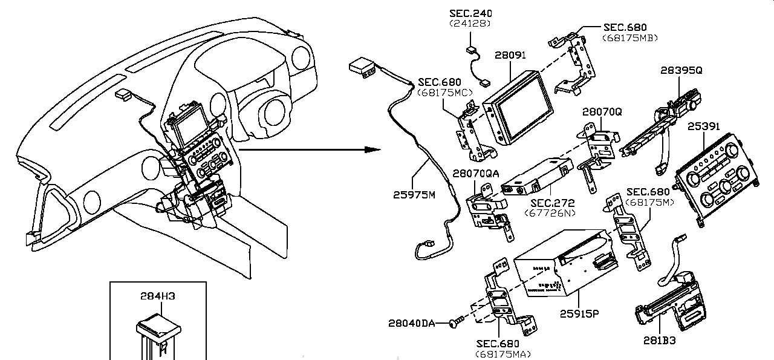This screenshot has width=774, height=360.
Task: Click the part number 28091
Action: coord(510,55)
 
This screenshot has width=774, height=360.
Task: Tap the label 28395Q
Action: coord(681,71)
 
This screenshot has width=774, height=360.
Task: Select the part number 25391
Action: coord(704,126)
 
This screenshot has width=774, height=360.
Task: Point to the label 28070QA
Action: coord(476,174)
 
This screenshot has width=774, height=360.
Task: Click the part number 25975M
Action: coord(414,195)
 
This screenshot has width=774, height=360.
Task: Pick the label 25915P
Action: coord(579,313)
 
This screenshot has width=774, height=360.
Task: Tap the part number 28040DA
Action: coord(412,323)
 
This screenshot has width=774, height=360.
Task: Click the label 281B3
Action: coord(659,341)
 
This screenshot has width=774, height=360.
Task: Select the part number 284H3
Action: coord(158,296)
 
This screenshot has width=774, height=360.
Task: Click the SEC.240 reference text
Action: coord(470,13)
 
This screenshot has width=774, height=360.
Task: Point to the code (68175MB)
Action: coord(630,38)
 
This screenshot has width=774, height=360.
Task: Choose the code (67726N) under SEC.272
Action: coord(550,213)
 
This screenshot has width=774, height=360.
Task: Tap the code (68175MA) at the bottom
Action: coord(502,355)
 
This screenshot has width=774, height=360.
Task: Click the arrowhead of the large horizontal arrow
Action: coord(372,149)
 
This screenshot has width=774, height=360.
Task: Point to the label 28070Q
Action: coord(602,112)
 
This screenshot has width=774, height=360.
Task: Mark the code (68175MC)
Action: coord(445,93)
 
